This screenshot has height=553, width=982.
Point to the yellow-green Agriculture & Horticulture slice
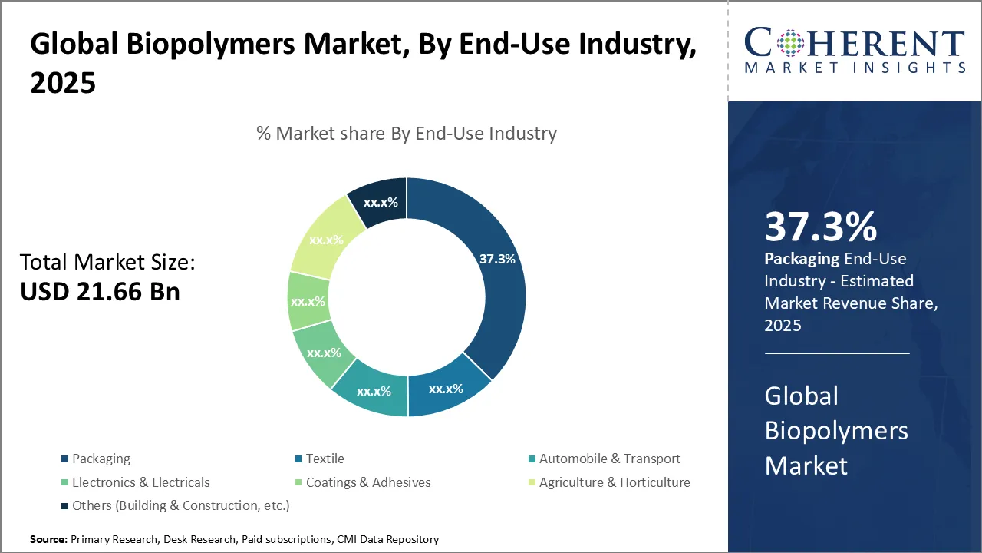[x=326, y=239]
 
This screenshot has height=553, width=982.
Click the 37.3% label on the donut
[x=497, y=259]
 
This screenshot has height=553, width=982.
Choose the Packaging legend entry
[x=101, y=459]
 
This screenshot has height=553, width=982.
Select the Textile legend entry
[x=325, y=459]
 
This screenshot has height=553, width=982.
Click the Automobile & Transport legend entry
[x=609, y=459]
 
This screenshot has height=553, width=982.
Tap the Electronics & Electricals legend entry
[x=140, y=482]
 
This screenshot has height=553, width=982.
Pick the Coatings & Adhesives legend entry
[x=367, y=482]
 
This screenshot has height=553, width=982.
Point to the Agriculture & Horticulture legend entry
[x=614, y=482]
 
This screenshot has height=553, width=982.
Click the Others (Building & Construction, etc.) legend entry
[x=180, y=505]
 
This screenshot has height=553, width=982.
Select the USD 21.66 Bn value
[x=101, y=291]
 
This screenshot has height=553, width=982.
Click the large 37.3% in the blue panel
[x=820, y=227]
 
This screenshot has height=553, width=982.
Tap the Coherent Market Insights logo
[x=855, y=50]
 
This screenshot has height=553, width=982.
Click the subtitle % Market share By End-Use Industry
[x=407, y=134]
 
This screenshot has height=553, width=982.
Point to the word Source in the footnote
[x=48, y=540]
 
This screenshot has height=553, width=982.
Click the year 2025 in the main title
[x=63, y=83]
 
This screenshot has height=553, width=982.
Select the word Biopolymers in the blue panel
[x=836, y=430]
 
